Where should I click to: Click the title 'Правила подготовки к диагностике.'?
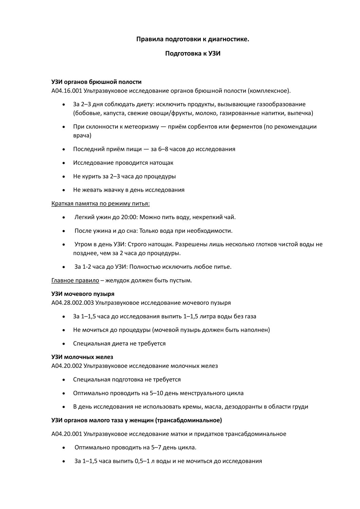click(x=193, y=39)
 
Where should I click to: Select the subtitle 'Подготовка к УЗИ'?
click(x=193, y=53)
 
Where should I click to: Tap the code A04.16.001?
click(x=67, y=91)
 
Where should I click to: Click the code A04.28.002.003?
click(x=72, y=303)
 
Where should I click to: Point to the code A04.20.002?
click(x=67, y=366)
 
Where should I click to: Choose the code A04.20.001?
click(x=67, y=434)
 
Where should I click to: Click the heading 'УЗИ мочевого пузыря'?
click(x=83, y=294)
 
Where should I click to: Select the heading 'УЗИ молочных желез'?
click(x=82, y=357)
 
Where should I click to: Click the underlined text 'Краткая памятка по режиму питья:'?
click(x=101, y=204)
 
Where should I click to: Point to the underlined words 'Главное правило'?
click(x=75, y=280)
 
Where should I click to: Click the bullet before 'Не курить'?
click(x=64, y=176)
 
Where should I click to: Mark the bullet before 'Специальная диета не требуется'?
click(x=64, y=344)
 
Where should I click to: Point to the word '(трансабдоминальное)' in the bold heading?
click(x=189, y=420)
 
